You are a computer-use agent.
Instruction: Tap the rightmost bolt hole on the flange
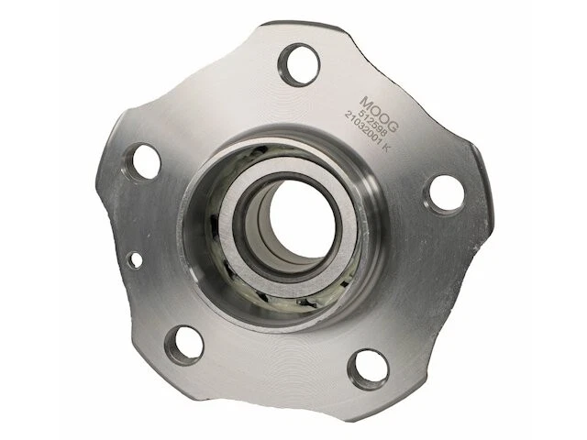pos(446,192)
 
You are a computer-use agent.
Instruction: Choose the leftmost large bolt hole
pos(146,162)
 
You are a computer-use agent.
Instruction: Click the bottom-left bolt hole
pos(186,344)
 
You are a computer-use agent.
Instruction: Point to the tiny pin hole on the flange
pos(135,259)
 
